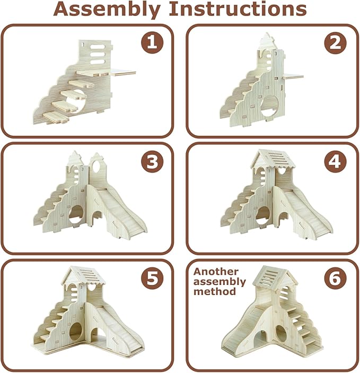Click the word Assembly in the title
[x=107, y=10]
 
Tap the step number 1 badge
[x=152, y=42]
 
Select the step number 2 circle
[x=336, y=43]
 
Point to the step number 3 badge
[x=152, y=161]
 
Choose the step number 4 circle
[x=336, y=161]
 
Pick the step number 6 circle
[x=336, y=277]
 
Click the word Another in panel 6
[x=216, y=272]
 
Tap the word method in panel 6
[x=215, y=291]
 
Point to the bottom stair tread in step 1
[x=56, y=117]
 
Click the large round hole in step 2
[x=269, y=105]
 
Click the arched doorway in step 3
[x=96, y=215]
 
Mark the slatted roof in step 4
[x=274, y=159]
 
